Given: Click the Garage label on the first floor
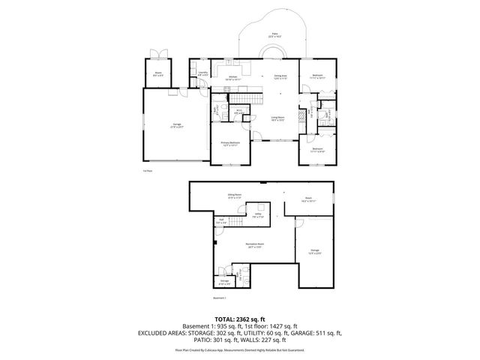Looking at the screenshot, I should (177, 125).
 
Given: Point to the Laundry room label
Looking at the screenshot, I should (202, 73).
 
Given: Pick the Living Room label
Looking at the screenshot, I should (277, 119).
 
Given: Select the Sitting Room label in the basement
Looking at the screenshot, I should (235, 196).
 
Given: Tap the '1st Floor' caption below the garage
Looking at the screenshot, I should (148, 170).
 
